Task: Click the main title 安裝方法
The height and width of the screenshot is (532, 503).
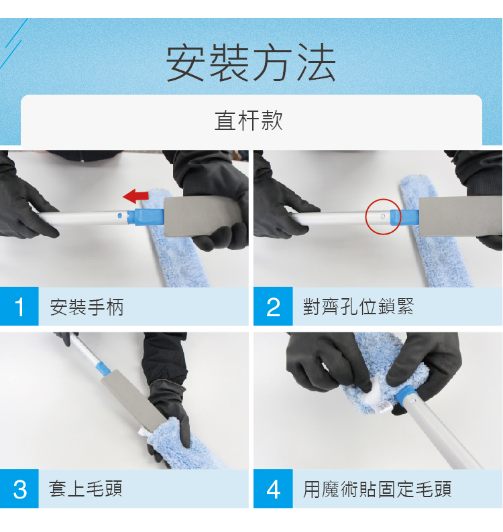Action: point(251,63)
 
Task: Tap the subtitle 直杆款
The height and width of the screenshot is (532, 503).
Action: point(249,120)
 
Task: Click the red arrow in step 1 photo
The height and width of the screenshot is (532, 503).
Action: point(135,196)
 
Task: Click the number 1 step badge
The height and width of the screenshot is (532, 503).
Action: point(19,306)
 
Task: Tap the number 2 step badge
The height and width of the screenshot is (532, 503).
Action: point(273,306)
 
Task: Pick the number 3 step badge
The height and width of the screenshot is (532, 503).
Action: point(19,489)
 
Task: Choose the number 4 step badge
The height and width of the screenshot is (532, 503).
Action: point(273,489)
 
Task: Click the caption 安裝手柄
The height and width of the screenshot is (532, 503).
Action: point(87,307)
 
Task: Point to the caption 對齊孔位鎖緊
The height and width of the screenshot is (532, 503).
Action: point(358,306)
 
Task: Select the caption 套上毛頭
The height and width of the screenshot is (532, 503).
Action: point(86,489)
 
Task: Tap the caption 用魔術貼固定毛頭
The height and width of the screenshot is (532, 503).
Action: point(377,489)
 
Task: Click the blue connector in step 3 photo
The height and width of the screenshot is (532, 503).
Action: point(102,369)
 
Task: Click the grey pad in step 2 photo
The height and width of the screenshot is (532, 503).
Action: point(460,216)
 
